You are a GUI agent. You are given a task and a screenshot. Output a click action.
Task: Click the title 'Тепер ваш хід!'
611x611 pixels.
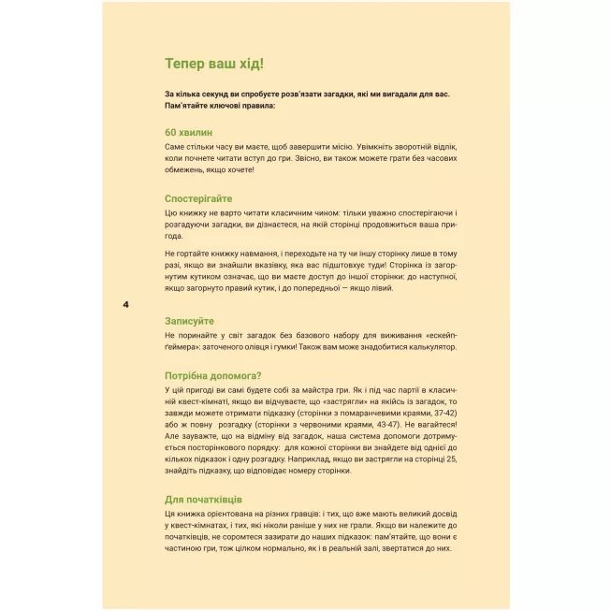point(213,64)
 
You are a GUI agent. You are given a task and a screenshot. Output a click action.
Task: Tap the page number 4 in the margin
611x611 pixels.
point(126,305)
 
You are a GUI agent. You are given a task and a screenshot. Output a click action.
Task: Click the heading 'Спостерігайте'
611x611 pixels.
point(198,198)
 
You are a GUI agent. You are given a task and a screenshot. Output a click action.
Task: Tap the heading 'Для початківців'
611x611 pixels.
point(203,499)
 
